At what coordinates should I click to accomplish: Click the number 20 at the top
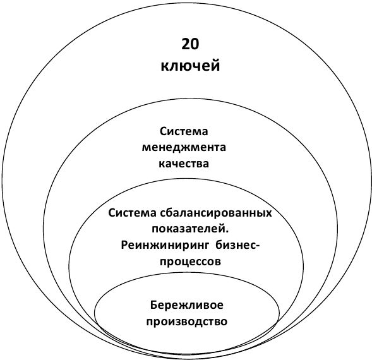click(x=190, y=44)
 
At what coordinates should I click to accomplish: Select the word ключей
click(x=190, y=66)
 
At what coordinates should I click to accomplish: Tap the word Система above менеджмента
click(x=184, y=131)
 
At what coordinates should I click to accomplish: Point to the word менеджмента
click(x=184, y=148)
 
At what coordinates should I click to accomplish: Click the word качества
click(x=184, y=164)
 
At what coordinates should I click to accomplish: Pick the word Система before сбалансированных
click(x=133, y=213)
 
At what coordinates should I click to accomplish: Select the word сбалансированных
click(x=216, y=213)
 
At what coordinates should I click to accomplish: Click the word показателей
click(x=189, y=229)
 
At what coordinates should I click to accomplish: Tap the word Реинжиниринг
click(x=165, y=246)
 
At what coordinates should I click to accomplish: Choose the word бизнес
click(x=236, y=245)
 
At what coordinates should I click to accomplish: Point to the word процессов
click(x=190, y=261)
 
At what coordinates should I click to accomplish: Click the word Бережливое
click(x=187, y=305)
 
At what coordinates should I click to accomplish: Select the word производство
click(x=187, y=321)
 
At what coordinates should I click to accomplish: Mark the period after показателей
click(x=227, y=232)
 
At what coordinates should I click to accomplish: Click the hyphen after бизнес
click(x=258, y=246)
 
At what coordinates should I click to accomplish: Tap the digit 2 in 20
click(x=186, y=44)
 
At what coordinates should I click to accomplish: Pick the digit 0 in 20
click(x=195, y=44)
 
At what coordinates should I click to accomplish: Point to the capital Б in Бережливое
click(x=153, y=304)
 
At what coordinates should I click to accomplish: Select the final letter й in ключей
click(x=215, y=65)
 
